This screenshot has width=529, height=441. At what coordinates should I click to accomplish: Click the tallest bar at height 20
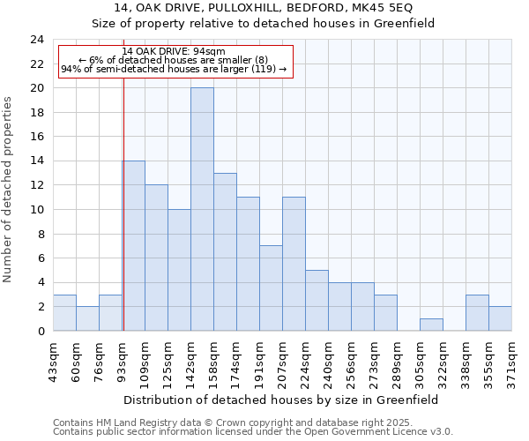tap(202, 210)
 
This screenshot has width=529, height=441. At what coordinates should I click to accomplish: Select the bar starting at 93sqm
tap(133, 246)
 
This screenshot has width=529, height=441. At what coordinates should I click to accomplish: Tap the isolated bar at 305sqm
tap(431, 325)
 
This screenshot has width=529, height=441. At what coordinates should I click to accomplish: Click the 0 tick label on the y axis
tap(41, 332)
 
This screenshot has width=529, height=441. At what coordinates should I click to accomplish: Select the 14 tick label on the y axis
tap(37, 161)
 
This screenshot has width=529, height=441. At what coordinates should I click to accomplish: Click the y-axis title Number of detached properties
tap(9, 190)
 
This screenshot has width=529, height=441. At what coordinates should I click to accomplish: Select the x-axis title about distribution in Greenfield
tap(281, 400)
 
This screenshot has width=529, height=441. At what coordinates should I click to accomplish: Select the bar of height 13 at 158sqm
tap(225, 252)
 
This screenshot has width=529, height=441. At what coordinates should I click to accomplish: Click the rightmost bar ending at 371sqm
tap(500, 318)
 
